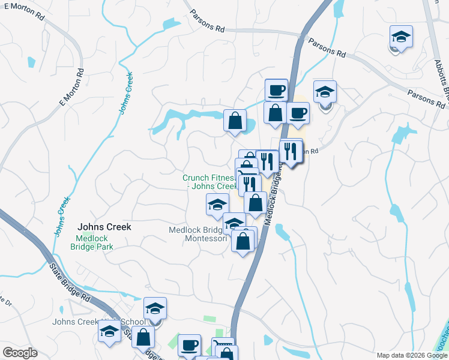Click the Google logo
click(x=20, y=353)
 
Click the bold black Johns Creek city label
click(x=104, y=227)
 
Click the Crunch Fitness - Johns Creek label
click(x=210, y=182)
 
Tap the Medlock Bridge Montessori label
click(x=199, y=234)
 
